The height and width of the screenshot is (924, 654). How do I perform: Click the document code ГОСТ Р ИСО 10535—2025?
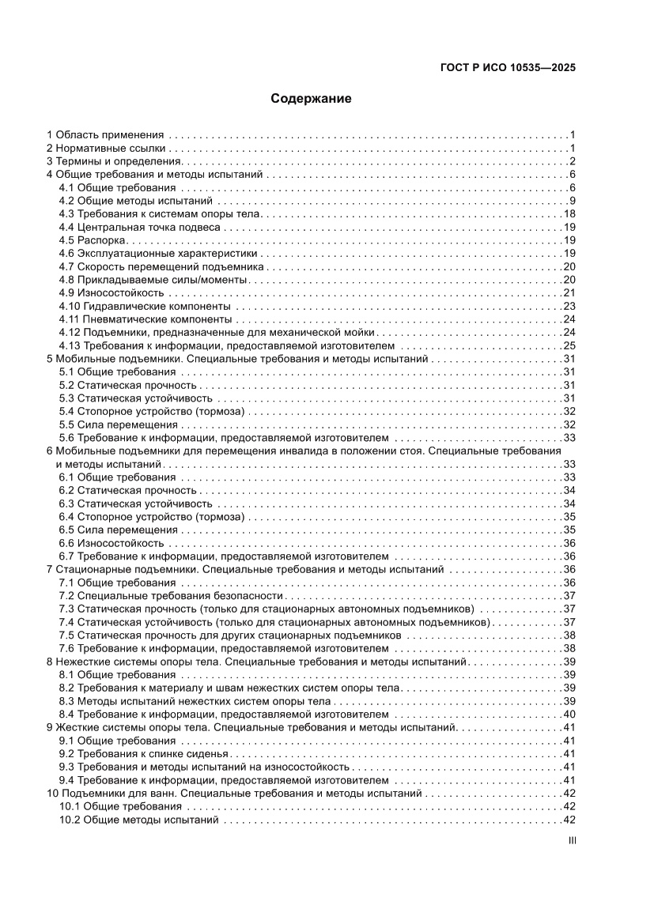point(507,67)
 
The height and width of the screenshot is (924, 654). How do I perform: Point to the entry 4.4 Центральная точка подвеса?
point(141,227)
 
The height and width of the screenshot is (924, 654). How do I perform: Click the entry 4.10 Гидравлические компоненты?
point(146,306)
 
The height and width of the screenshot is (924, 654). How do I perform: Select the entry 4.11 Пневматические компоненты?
point(146,319)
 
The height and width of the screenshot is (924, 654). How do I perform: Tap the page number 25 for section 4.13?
point(568,345)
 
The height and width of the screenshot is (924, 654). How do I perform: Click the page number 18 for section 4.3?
point(568,214)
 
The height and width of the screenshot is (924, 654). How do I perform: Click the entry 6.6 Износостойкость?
point(112,543)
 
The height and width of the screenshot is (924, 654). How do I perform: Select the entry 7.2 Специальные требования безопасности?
point(171,595)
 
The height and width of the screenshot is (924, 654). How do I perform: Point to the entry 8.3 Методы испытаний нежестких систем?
point(195,700)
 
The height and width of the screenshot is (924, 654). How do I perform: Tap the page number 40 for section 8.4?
point(568,714)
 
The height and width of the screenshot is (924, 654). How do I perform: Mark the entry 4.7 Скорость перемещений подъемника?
point(153,266)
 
